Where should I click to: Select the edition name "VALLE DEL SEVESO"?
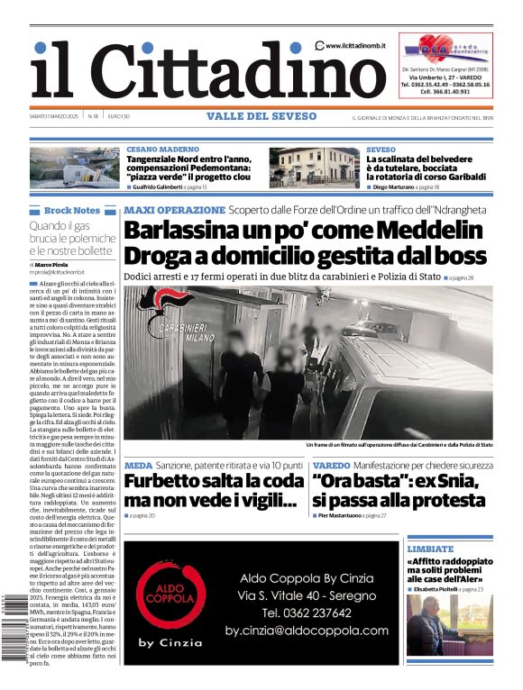pos(261,116)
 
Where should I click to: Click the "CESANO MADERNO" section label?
pos(163,149)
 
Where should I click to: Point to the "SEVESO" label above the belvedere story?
pos(381,149)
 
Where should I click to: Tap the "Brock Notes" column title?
pos(71,210)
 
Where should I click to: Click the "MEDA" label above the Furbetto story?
pos(138,465)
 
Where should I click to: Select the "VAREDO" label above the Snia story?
pos(332,465)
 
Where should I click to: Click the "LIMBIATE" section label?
pos(429,548)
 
